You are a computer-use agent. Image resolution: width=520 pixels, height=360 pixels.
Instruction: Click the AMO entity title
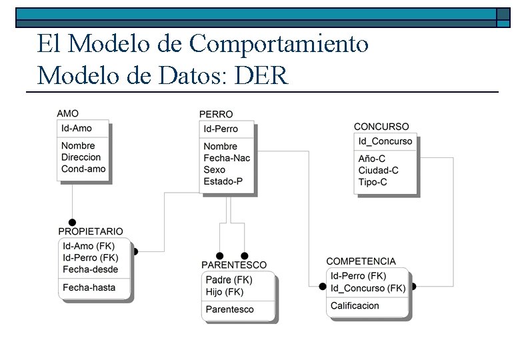click(67, 114)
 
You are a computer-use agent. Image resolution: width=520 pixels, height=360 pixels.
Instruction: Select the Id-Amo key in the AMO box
click(77, 129)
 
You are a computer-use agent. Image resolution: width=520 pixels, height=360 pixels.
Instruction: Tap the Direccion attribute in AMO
click(81, 157)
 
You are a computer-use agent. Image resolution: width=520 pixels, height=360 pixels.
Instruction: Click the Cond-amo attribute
click(83, 169)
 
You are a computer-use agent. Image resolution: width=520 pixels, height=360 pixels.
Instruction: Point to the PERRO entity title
click(216, 115)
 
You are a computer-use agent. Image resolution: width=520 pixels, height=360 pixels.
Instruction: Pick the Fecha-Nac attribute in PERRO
click(227, 158)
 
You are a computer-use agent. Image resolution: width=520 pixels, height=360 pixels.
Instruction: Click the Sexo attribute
click(214, 170)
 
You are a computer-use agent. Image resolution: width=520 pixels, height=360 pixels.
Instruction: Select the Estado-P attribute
click(223, 181)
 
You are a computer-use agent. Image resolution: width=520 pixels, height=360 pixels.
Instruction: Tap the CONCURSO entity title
click(381, 127)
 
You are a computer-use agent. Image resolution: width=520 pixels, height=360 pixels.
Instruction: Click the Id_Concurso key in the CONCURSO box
click(385, 141)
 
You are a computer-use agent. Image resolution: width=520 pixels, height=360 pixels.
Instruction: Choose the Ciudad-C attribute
click(378, 171)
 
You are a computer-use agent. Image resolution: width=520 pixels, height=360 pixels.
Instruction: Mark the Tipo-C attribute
click(372, 182)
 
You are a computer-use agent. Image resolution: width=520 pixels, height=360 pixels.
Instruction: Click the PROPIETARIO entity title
click(91, 232)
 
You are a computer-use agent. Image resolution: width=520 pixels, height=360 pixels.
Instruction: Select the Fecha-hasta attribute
click(89, 288)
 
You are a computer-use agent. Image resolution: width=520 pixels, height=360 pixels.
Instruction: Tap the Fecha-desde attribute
click(90, 269)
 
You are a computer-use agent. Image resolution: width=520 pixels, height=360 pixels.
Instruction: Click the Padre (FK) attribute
click(229, 280)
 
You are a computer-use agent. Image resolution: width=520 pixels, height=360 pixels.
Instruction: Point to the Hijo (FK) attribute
click(225, 292)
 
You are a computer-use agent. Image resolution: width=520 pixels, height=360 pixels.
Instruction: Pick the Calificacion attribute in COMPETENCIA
click(355, 306)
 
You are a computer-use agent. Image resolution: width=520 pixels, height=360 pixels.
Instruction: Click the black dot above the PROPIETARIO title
click(73, 223)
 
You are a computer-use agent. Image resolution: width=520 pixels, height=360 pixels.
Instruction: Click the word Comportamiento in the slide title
click(279, 44)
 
